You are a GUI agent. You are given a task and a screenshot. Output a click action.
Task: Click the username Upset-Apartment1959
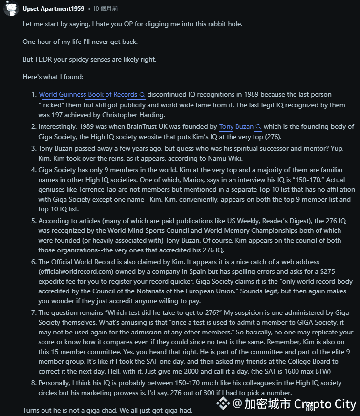click(53, 9)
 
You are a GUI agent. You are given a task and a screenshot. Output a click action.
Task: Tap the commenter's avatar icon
click(11, 9)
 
